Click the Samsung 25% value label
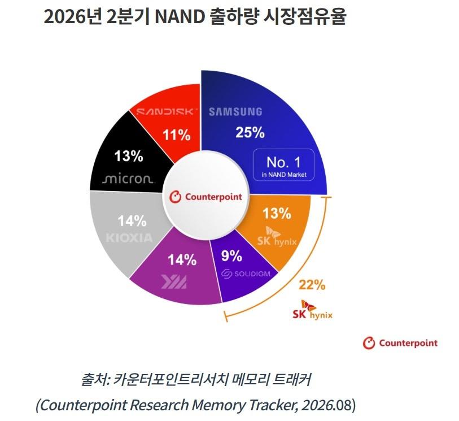tap(250, 132)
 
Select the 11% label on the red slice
tap(177, 135)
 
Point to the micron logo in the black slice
tap(128, 179)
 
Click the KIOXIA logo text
tap(129, 238)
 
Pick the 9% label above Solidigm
tap(231, 256)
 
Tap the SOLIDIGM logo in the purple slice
tap(246, 274)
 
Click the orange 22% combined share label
tap(312, 284)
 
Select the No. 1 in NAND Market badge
tap(283, 165)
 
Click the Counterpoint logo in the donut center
tap(206, 197)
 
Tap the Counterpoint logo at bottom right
tap(400, 343)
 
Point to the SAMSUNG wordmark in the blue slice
tap(235, 112)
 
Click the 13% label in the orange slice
tap(277, 213)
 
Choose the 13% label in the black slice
tap(129, 156)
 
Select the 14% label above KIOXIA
tap(132, 221)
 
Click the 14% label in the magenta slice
tap(182, 260)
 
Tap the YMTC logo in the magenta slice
tap(174, 282)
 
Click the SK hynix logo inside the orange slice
tap(277, 237)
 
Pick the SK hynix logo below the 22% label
tap(313, 310)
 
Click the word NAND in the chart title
tap(180, 17)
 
